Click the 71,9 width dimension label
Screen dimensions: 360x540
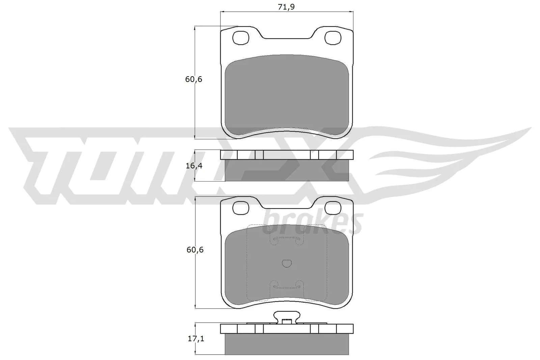[x=286, y=6]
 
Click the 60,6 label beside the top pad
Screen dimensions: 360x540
[x=193, y=80]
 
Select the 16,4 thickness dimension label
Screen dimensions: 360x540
[x=193, y=166]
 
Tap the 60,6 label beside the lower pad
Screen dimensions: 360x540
[x=194, y=250]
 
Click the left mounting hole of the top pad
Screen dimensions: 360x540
[x=241, y=38]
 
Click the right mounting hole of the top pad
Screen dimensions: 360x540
[x=333, y=38]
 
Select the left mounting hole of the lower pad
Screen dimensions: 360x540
[x=241, y=207]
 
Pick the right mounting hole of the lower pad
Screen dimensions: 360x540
[x=333, y=207]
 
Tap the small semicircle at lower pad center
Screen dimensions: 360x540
[x=287, y=264]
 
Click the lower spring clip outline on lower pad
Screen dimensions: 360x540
[x=287, y=286]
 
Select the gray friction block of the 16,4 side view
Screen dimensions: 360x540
[x=287, y=170]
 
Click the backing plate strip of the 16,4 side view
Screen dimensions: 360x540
[x=287, y=155]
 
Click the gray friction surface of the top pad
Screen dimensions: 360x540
[x=287, y=94]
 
